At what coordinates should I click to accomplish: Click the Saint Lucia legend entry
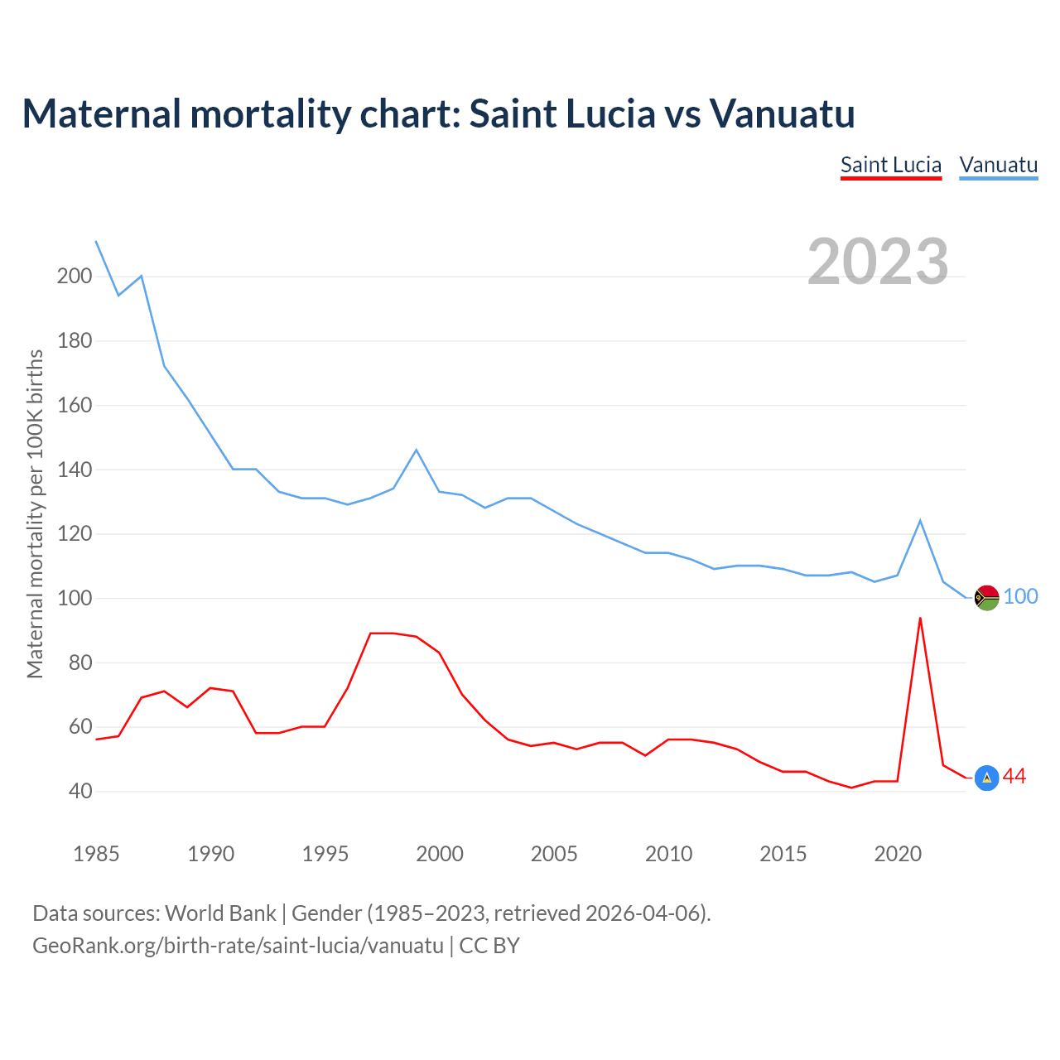tap(891, 165)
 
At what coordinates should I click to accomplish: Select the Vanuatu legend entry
tap(999, 165)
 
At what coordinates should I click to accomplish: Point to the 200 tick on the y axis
tap(75, 277)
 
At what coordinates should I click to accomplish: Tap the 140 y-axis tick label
tap(75, 470)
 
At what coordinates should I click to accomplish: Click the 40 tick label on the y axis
tap(81, 792)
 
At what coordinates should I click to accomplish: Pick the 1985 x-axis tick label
tap(96, 854)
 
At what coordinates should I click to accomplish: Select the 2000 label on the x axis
tap(440, 854)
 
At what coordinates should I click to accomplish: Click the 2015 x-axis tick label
tap(783, 854)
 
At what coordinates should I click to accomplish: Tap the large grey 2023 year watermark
tap(878, 262)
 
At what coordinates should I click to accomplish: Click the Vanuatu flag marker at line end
tap(987, 597)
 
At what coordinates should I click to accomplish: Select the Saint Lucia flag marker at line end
tap(987, 778)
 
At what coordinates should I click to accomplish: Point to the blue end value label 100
tap(1021, 597)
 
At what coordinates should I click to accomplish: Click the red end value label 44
tap(1014, 777)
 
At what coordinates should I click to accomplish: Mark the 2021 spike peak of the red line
tap(920, 618)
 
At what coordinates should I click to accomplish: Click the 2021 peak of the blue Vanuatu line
tap(920, 521)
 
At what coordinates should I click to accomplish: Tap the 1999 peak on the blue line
tap(417, 450)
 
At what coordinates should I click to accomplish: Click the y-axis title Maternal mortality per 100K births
tap(35, 513)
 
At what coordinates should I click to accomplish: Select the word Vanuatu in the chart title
tap(783, 113)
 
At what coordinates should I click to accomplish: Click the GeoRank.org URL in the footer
tap(238, 946)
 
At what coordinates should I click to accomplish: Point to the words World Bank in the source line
tap(220, 913)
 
